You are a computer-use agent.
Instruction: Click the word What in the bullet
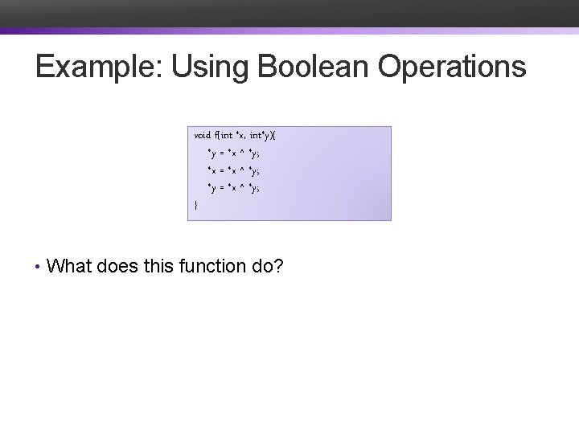coord(70,265)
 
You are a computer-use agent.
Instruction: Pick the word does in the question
coord(120,265)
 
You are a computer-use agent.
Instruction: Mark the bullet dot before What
coord(39,266)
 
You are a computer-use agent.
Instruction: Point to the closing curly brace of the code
coord(196,206)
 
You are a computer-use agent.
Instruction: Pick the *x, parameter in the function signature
coord(240,134)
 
